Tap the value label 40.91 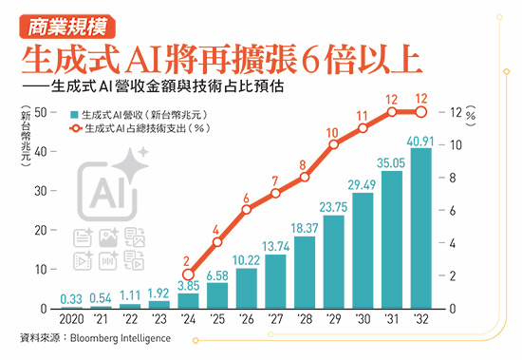[421, 141]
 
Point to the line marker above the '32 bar [421, 112]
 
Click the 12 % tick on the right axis [462, 112]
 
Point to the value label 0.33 [69, 296]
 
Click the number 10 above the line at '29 [332, 133]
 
